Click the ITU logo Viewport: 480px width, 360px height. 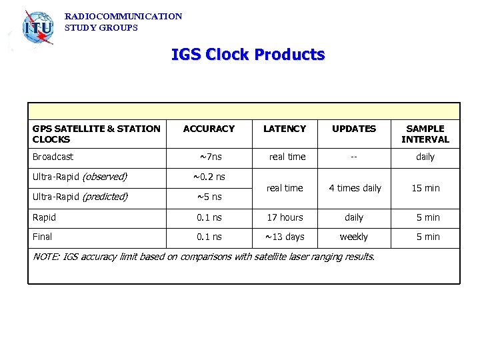click(37, 28)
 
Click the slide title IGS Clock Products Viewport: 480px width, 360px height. click(248, 54)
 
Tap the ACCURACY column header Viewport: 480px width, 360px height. click(209, 129)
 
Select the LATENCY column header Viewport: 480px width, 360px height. click(285, 129)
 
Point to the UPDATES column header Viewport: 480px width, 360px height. click(354, 129)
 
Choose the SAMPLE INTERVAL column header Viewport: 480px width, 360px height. click(425, 134)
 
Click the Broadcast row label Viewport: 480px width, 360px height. click(53, 157)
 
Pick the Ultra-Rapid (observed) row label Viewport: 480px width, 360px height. click(79, 177)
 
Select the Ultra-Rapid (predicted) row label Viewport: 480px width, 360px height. click(80, 197)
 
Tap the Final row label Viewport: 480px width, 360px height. click(42, 237)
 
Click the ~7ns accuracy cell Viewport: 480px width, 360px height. click(211, 157)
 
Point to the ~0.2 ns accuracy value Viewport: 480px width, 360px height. click(209, 177)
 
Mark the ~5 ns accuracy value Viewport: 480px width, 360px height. click(209, 197)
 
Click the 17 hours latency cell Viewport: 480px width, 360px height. click(285, 217)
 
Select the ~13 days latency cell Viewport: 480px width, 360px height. click(285, 237)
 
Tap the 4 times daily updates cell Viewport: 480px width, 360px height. click(354, 188)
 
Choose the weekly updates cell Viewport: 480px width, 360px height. click(354, 237)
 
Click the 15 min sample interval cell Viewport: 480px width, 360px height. click(425, 188)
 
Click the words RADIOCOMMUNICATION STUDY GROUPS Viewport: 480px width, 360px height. click(123, 22)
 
